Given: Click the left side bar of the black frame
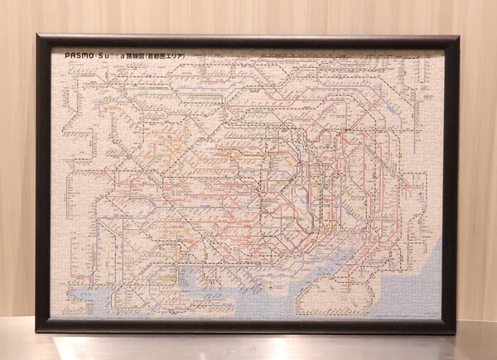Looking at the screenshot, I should pyautogui.click(x=41, y=182).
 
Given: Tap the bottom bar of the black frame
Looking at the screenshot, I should pyautogui.click(x=248, y=327).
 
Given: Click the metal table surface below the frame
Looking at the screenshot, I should pyautogui.click(x=248, y=346).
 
